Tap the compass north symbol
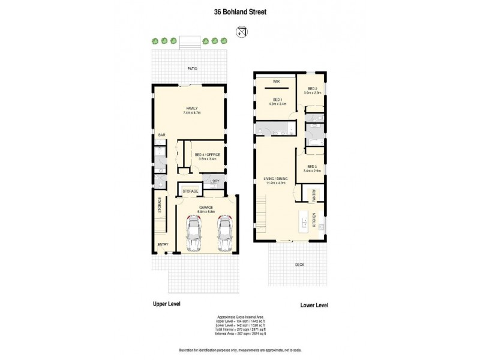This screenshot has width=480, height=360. (242, 31)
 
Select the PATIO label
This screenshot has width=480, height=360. (191, 69)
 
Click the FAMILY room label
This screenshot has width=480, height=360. (191, 109)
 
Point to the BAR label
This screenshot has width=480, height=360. (161, 136)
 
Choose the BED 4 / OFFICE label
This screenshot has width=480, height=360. (208, 155)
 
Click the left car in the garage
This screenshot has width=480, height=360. (195, 234)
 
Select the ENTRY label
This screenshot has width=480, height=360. (163, 244)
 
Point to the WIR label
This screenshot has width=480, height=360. (277, 80)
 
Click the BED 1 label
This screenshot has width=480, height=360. (277, 100)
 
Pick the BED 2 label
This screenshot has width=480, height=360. (312, 89)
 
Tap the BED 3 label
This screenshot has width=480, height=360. (312, 166)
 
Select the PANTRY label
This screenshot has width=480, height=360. (312, 196)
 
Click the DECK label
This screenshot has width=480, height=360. (299, 264)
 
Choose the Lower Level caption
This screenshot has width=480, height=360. (314, 305)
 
